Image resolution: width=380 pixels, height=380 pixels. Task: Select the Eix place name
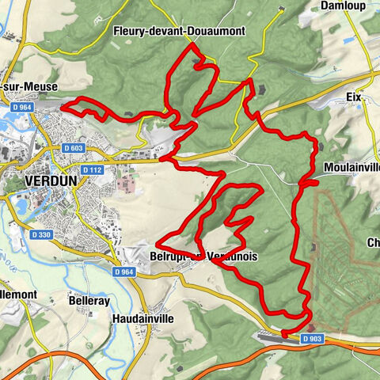point(353,97)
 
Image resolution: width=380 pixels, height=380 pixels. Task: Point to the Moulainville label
point(352,168)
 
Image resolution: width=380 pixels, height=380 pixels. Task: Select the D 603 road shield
point(74,148)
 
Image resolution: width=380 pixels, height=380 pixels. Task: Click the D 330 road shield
point(42,234)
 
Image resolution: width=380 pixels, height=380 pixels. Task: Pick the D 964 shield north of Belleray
point(123,272)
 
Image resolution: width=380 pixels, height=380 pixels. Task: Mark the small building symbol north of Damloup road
point(279,10)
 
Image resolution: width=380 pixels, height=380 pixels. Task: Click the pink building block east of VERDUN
point(125,184)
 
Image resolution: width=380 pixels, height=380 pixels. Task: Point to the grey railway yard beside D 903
point(269,336)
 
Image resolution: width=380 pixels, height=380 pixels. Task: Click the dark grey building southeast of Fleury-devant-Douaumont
point(263,89)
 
